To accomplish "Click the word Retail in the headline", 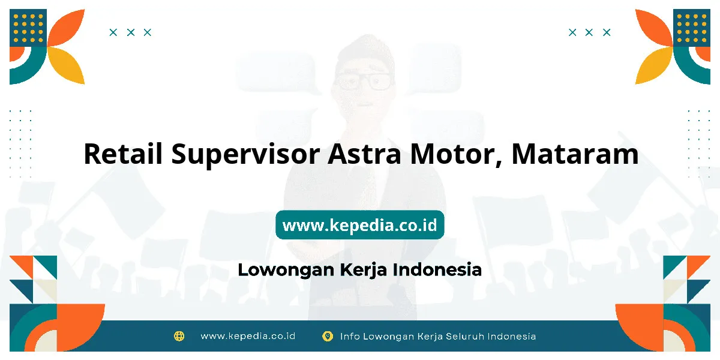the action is [x=123, y=154].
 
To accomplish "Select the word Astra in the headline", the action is [x=365, y=154].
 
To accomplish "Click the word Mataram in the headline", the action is [x=575, y=154].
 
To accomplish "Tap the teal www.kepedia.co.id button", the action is [x=360, y=224].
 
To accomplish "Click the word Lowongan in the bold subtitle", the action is [x=286, y=270].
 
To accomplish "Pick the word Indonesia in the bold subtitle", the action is [x=437, y=269].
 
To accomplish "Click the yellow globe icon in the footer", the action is [x=179, y=336].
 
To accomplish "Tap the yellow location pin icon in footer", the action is [x=328, y=336].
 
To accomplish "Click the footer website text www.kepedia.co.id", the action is [x=248, y=336].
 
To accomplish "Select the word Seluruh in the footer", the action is [x=465, y=336].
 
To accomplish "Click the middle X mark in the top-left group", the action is [x=131, y=32].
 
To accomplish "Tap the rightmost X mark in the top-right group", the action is [x=607, y=32].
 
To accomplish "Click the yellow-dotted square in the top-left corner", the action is [x=28, y=28].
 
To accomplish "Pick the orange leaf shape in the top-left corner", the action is [x=66, y=28].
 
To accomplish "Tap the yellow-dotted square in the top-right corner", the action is [x=692, y=28].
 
